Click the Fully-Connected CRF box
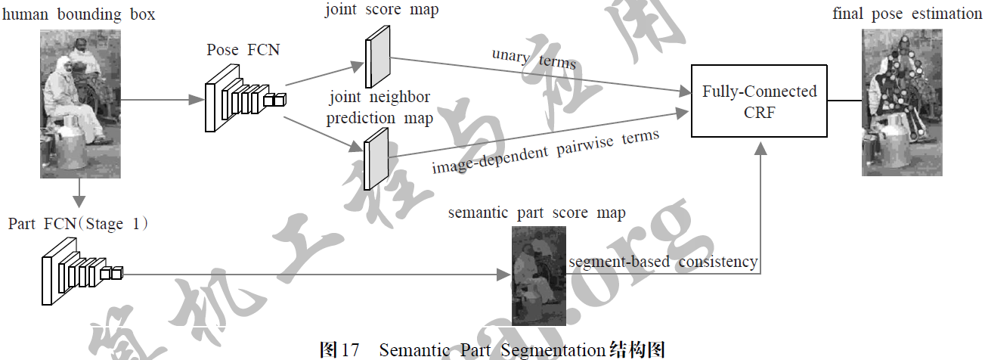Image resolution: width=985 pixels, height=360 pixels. click(759, 101)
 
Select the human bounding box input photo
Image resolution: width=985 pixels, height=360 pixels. click(80, 104)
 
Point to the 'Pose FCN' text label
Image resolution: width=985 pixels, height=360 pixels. click(243, 51)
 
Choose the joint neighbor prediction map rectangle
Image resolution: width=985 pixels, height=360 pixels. click(375, 158)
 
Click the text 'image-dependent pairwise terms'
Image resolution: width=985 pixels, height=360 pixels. click(546, 151)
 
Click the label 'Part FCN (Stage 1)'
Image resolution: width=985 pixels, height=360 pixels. click(78, 225)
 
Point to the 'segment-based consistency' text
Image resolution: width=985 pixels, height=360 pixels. click(663, 262)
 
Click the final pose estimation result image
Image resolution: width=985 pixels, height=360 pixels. click(903, 103)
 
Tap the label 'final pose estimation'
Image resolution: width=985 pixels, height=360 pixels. click(907, 14)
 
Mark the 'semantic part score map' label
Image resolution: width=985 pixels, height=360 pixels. click(537, 213)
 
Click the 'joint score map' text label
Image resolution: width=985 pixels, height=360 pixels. click(382, 11)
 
